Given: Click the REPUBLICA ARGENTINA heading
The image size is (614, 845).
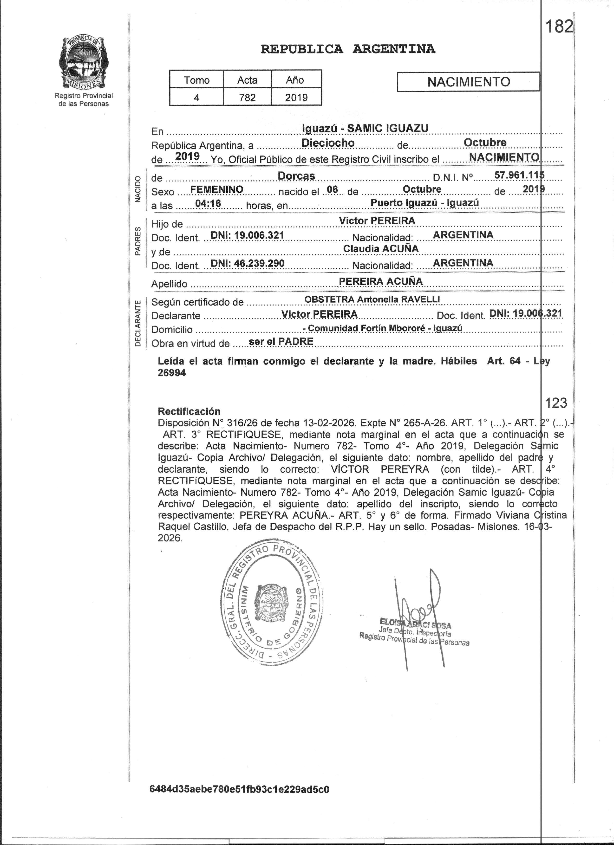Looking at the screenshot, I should [x=348, y=49].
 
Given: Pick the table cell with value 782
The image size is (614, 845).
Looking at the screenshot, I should [x=247, y=97].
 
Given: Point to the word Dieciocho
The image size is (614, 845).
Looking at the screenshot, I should [x=328, y=143].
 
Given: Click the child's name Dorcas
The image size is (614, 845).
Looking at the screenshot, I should [x=297, y=175].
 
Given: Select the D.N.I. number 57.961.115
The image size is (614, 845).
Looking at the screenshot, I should [x=519, y=175].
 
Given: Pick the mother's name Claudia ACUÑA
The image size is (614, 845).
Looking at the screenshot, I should [x=381, y=248].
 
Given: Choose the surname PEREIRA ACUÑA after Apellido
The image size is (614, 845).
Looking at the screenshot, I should [x=381, y=281].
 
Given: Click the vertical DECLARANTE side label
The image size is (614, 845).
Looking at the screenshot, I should [x=138, y=323].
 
